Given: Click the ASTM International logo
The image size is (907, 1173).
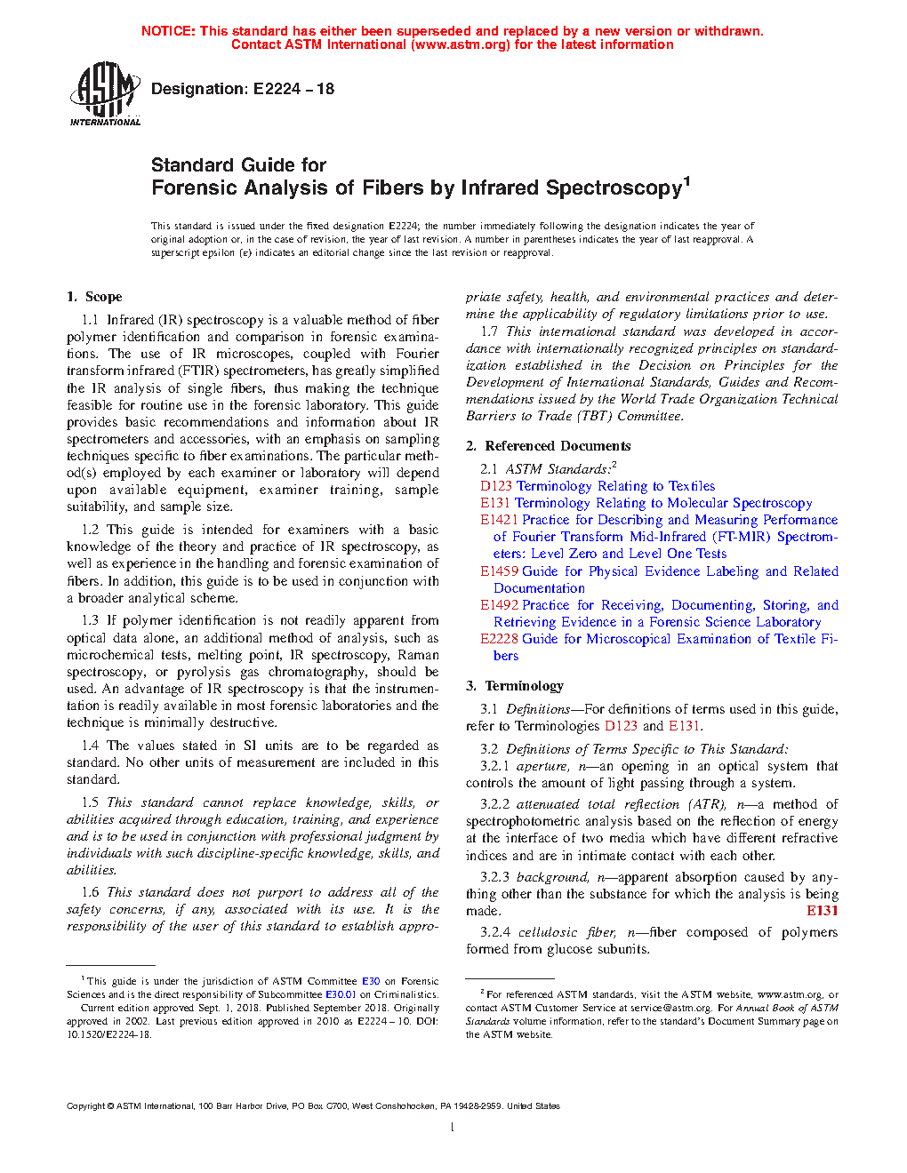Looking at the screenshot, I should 105,93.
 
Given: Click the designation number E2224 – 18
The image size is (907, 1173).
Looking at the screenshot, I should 293,89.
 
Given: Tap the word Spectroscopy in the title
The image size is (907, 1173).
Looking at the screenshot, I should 614,188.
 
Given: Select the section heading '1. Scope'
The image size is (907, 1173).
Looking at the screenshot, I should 94,297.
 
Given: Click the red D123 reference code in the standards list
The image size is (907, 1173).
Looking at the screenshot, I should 496,486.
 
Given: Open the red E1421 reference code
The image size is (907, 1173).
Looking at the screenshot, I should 499,520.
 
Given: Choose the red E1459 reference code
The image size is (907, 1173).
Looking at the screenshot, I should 499,571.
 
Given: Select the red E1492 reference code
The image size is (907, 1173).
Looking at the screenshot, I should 499,605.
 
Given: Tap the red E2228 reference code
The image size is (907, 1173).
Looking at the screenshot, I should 499,639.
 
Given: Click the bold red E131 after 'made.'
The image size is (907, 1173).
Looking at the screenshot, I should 823,911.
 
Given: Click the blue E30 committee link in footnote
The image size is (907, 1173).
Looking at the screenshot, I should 371,982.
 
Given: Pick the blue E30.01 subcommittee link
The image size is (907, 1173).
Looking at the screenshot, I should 341,995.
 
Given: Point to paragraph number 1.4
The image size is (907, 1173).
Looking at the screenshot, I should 90,746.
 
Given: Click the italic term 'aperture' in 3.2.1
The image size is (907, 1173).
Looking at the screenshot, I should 542,766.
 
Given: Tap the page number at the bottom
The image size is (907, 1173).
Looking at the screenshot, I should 453,1128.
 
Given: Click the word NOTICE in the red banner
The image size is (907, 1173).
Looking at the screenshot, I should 168,31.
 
